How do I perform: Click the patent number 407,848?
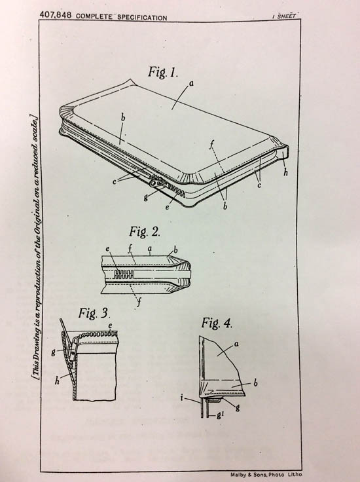pyautogui.click(x=56, y=15)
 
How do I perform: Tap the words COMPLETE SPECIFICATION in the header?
pyautogui.click(x=121, y=17)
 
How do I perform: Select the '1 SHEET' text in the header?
pyautogui.click(x=284, y=16)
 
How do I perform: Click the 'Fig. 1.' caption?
pyautogui.click(x=163, y=72)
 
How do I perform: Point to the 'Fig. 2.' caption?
pyautogui.click(x=145, y=231)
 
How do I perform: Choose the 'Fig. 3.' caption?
pyautogui.click(x=94, y=313)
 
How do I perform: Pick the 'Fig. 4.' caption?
pyautogui.click(x=217, y=323)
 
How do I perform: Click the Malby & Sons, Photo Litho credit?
pyautogui.click(x=266, y=475)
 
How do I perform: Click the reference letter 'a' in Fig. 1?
pyautogui.click(x=191, y=83)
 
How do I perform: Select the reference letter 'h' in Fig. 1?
pyautogui.click(x=285, y=173)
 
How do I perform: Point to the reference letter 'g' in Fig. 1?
pyautogui.click(x=145, y=197)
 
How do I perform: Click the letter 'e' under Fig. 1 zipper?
pyautogui.click(x=167, y=207)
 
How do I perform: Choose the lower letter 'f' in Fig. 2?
pyautogui.click(x=139, y=303)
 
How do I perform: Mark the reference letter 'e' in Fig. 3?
pyautogui.click(x=110, y=325)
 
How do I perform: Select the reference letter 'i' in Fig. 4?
pyautogui.click(x=182, y=398)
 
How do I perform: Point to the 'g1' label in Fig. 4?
pyautogui.click(x=219, y=416)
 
